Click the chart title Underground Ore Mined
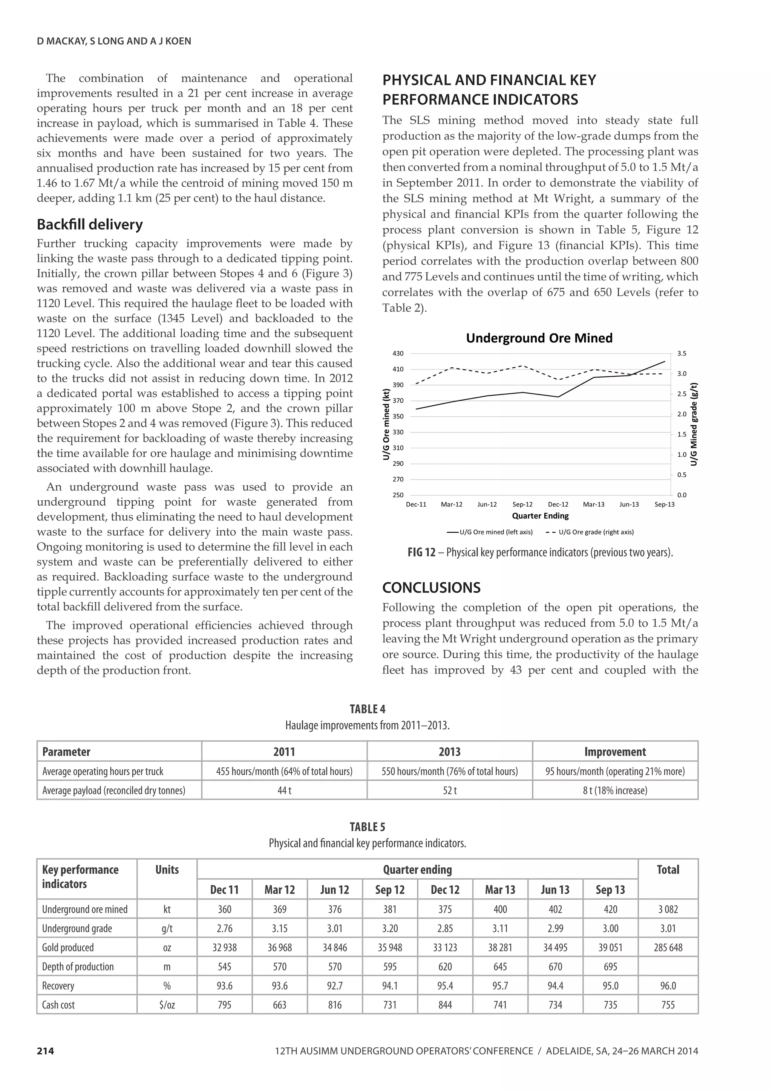(x=539, y=338)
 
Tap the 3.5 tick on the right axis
(x=681, y=353)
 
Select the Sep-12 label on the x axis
(x=522, y=504)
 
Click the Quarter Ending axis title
(x=540, y=516)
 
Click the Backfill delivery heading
(x=90, y=224)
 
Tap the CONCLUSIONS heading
(x=431, y=588)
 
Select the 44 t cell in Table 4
(x=284, y=790)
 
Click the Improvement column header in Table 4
(x=615, y=752)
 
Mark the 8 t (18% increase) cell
(x=615, y=790)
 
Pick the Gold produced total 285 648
(x=668, y=947)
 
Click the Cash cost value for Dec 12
(x=445, y=1005)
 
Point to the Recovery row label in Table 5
(x=58, y=986)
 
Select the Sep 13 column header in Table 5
(x=610, y=889)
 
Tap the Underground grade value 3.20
(x=390, y=929)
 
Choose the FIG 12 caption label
(x=421, y=553)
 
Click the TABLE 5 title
(x=367, y=827)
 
